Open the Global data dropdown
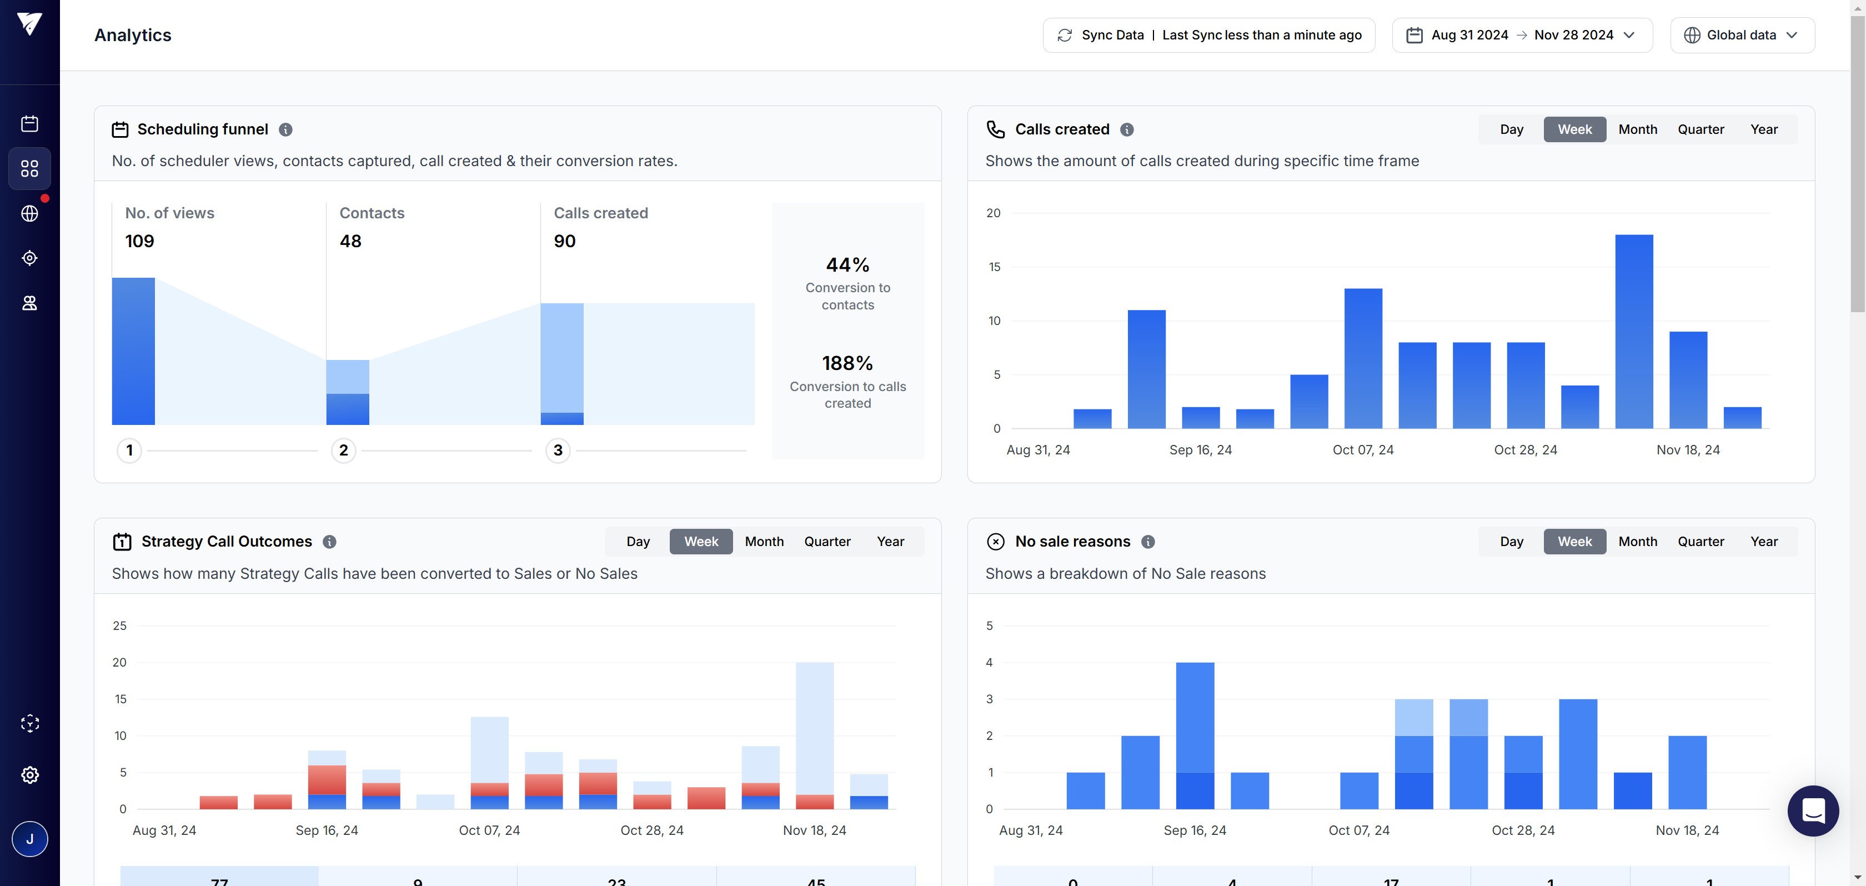click(x=1742, y=35)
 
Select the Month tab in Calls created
click(x=1637, y=129)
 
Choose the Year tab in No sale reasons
click(x=1763, y=541)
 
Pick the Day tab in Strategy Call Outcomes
click(x=638, y=541)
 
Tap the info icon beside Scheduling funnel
click(x=285, y=129)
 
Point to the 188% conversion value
click(x=847, y=363)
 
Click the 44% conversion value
click(x=847, y=265)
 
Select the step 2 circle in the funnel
click(x=343, y=450)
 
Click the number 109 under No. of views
click(x=139, y=241)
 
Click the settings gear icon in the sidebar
click(x=29, y=774)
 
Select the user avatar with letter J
click(x=29, y=839)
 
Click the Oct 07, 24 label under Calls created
click(x=1362, y=450)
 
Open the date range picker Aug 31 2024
click(x=1521, y=35)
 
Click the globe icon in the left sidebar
click(x=29, y=214)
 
